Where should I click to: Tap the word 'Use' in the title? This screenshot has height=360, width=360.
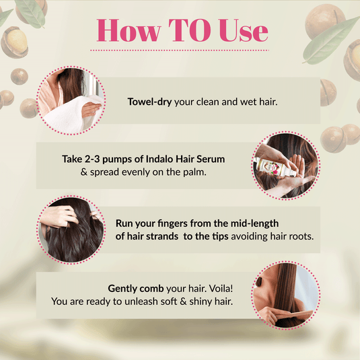point(240,31)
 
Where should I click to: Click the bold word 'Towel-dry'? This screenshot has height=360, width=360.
point(150,102)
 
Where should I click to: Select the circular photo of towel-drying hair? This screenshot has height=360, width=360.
point(69,99)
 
